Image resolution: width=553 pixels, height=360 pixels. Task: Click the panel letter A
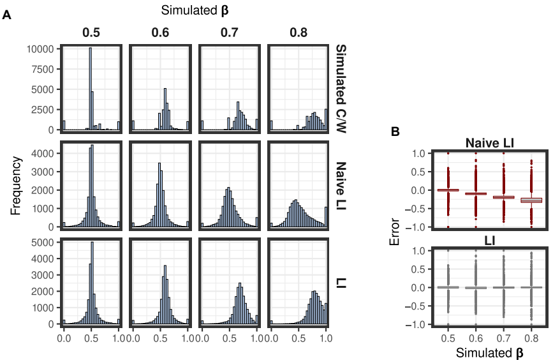pyautogui.click(x=7, y=17)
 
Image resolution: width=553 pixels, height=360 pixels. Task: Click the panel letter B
pyautogui.click(x=395, y=131)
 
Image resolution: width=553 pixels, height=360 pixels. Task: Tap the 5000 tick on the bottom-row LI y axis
pyautogui.click(x=45, y=243)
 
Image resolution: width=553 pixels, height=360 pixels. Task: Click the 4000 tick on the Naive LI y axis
pyautogui.click(x=45, y=153)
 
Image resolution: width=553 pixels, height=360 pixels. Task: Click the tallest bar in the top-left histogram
pyautogui.click(x=90, y=89)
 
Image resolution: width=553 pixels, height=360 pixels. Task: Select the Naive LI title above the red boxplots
pyautogui.click(x=488, y=144)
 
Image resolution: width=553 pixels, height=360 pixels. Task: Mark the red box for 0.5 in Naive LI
pyautogui.click(x=448, y=190)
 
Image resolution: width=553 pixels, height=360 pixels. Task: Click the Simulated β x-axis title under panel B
pyautogui.click(x=488, y=350)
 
